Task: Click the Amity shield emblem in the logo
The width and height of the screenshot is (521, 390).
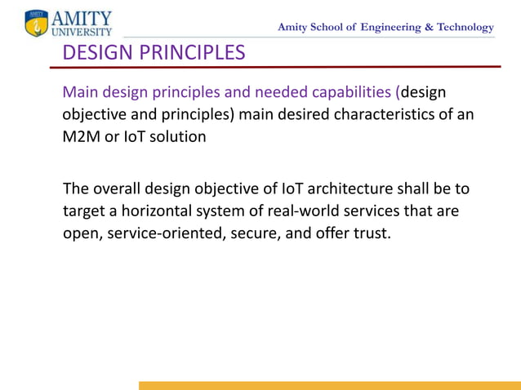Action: click(x=36, y=23)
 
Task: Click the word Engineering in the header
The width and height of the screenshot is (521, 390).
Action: click(x=388, y=27)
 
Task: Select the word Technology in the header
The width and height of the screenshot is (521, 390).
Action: click(x=461, y=27)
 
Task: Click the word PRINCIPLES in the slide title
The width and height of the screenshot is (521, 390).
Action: click(x=188, y=54)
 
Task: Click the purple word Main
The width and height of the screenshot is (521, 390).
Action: click(x=80, y=91)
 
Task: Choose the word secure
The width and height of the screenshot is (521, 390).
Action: click(x=251, y=234)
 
